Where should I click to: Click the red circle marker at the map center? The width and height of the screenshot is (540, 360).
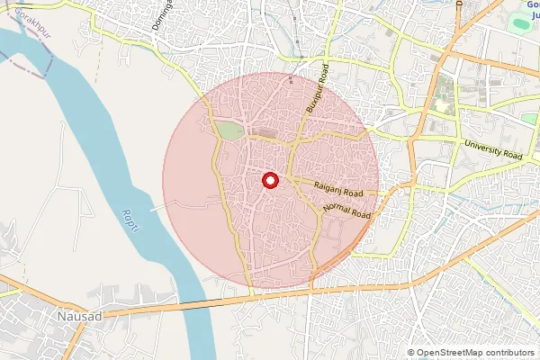point(269,180)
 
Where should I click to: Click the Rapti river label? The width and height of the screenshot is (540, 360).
point(131,217)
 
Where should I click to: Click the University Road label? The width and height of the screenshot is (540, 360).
point(493,149)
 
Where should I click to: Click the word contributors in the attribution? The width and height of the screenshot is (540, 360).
point(508,353)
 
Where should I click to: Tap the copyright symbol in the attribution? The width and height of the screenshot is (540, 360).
point(411,353)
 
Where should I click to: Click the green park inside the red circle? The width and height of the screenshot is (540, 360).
point(229,131)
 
